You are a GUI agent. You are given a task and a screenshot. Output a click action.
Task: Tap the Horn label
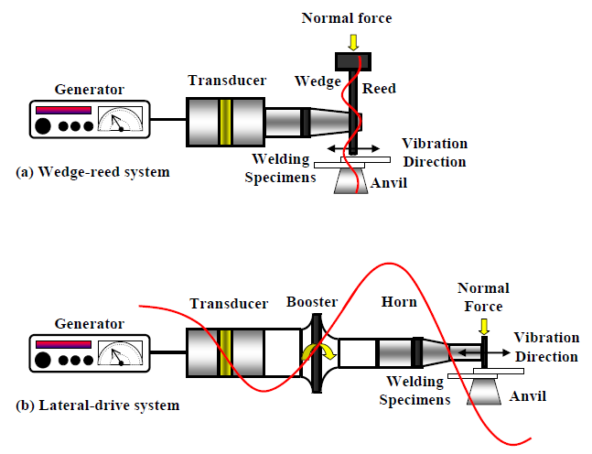click(399, 302)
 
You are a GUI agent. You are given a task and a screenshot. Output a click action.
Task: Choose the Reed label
click(379, 89)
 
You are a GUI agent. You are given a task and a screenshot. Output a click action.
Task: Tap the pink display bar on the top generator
click(63, 110)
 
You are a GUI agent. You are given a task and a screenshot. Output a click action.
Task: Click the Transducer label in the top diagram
click(229, 81)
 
